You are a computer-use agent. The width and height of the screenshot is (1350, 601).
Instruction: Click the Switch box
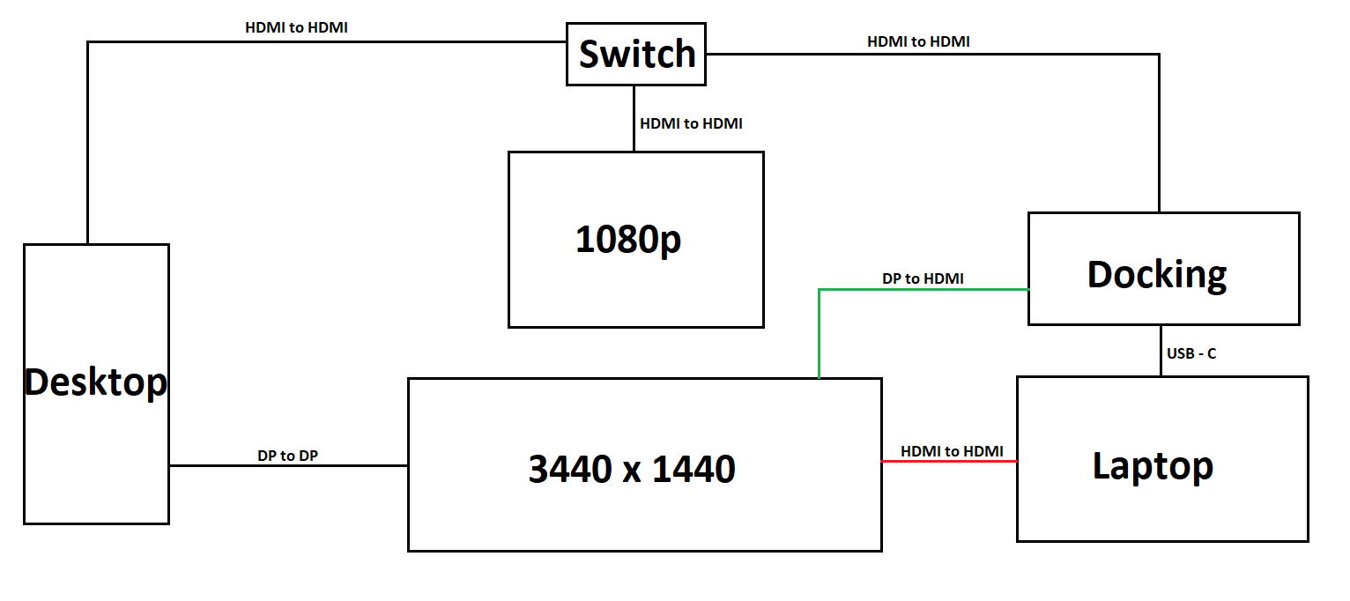635,55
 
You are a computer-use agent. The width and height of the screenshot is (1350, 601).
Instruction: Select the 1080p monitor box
635,240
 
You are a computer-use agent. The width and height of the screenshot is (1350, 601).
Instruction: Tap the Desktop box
96,383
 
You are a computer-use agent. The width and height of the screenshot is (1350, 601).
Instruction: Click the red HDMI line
949,461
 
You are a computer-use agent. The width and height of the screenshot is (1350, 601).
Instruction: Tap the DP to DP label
288,456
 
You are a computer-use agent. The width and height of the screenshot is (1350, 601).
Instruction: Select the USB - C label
1191,353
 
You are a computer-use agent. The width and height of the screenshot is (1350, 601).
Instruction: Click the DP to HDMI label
923,278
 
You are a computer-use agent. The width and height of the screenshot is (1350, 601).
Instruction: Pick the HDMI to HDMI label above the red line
952,451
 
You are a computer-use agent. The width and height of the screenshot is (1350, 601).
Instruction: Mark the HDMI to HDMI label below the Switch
691,123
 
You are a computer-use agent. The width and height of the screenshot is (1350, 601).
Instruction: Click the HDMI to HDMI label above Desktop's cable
296,27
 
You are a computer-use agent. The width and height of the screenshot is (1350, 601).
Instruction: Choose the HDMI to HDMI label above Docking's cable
918,41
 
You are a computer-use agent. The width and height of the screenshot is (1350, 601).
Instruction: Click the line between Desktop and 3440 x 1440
288,465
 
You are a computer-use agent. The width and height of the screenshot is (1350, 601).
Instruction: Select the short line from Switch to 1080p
634,118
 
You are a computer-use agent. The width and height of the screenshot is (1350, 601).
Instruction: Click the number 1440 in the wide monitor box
694,469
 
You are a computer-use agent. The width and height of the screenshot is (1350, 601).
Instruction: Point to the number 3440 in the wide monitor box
569,469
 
